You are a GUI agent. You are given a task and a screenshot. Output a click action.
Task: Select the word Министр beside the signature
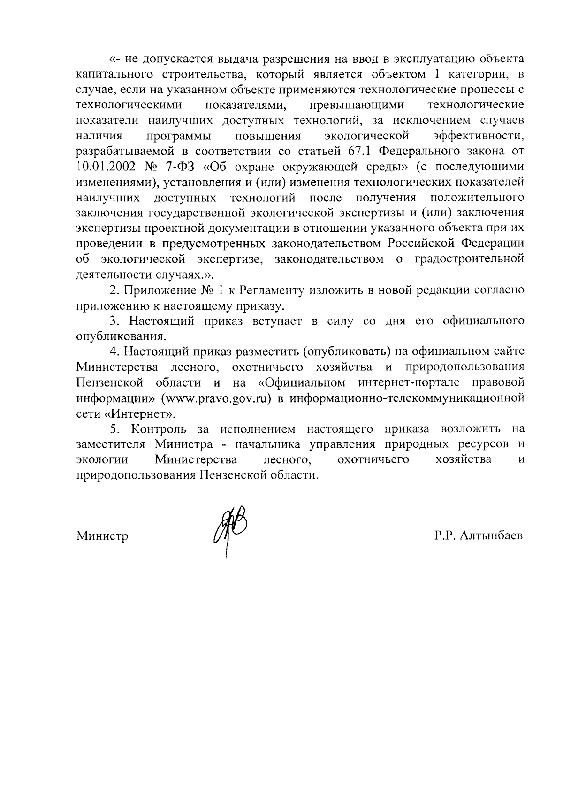pyautogui.click(x=102, y=536)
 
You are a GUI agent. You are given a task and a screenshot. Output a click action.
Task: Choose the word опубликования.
pyautogui.click(x=122, y=336)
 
